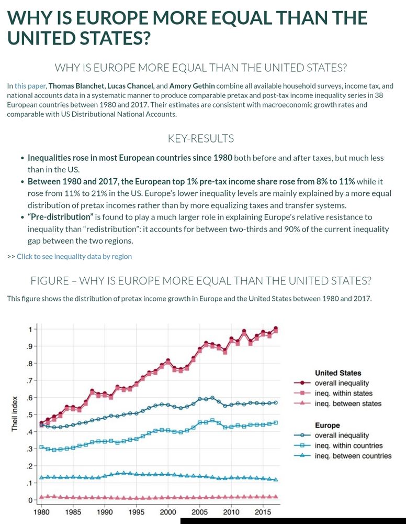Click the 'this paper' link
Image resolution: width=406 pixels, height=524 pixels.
pyautogui.click(x=30, y=85)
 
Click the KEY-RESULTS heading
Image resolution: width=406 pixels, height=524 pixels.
pyautogui.click(x=200, y=138)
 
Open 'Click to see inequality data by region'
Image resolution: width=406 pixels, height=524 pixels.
pyautogui.click(x=74, y=256)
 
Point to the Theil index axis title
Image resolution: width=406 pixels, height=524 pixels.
pyautogui.click(x=15, y=414)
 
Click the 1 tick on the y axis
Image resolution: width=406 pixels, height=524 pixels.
pyautogui.click(x=30, y=329)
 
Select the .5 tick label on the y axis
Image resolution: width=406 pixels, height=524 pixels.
pyautogui.click(x=29, y=414)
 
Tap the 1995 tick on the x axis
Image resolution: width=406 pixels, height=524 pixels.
pyautogui.click(x=136, y=511)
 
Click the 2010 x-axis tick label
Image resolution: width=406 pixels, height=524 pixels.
pyautogui.click(x=231, y=511)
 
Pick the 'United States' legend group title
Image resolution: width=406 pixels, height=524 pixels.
pyautogui.click(x=337, y=373)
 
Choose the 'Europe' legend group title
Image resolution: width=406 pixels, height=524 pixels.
pyautogui.click(x=327, y=425)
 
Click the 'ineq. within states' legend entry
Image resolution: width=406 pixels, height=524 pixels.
pyautogui.click(x=343, y=393)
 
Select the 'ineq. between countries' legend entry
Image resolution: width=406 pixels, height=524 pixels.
pyautogui.click(x=353, y=456)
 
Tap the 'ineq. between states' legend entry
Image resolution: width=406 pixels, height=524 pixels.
pyautogui.click(x=348, y=403)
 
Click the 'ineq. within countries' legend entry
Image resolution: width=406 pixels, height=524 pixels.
pyautogui.click(x=348, y=445)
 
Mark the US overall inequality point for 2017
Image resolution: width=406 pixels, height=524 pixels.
pyautogui.click(x=276, y=329)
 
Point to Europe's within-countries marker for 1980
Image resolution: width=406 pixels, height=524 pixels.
pyautogui.click(x=41, y=447)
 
